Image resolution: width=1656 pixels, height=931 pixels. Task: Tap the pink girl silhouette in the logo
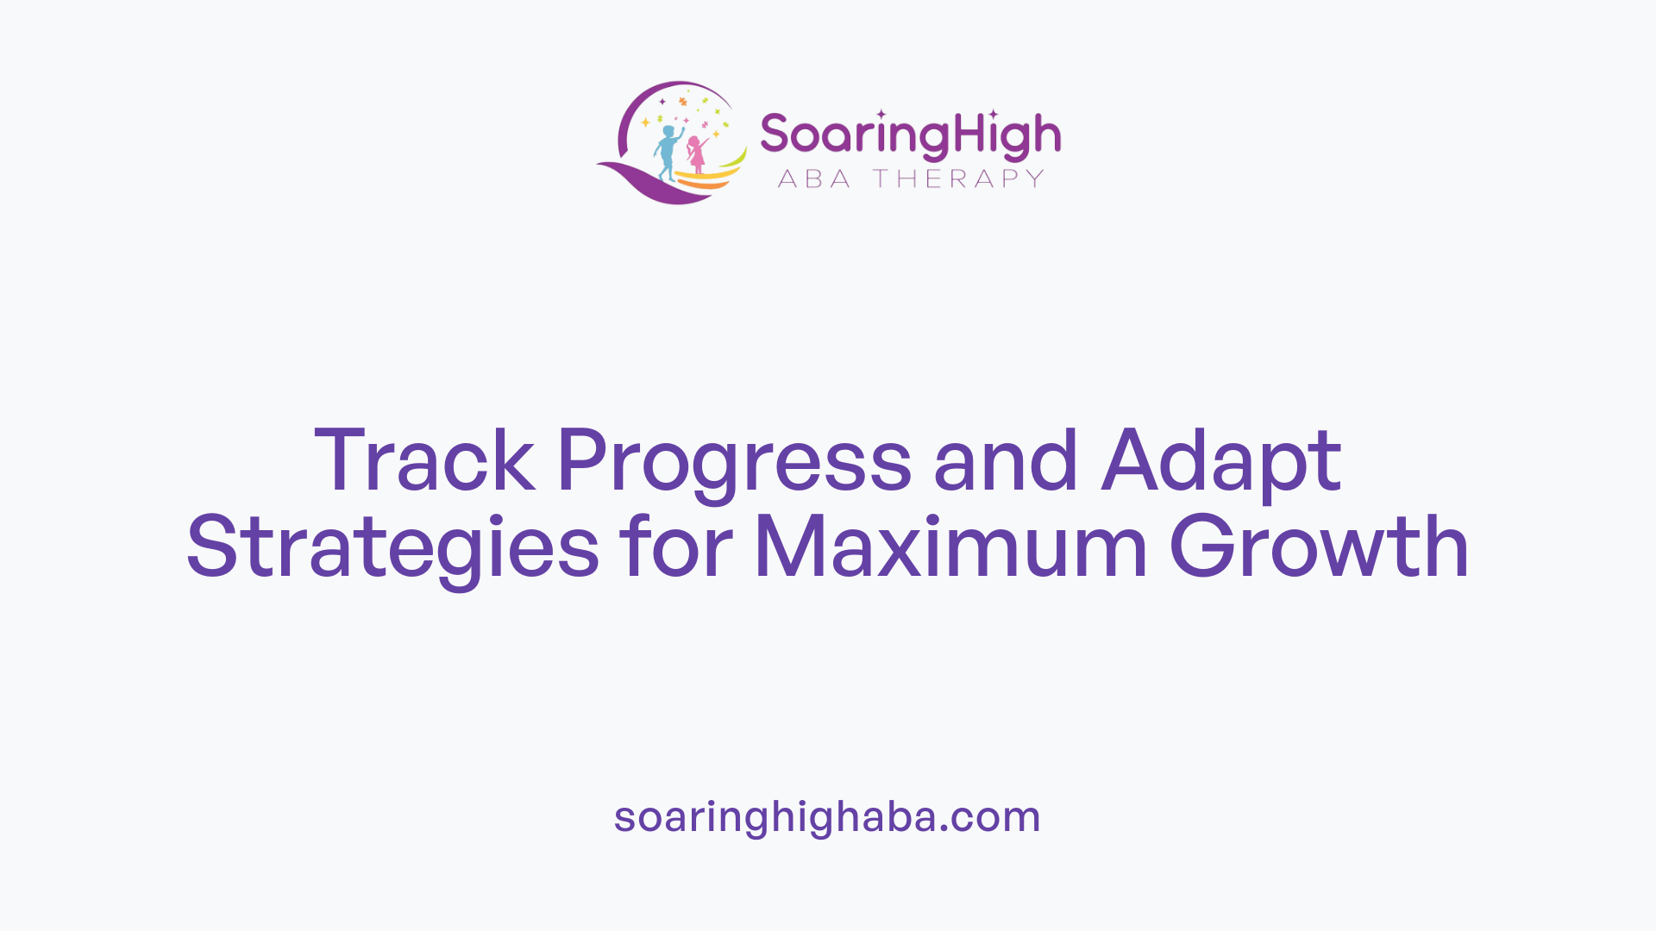[x=696, y=155]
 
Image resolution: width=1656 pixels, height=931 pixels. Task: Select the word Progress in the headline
[x=734, y=462]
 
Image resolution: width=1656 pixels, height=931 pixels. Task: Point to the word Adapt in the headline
[x=1221, y=462]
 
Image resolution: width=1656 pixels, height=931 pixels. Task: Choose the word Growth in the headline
[x=1319, y=547]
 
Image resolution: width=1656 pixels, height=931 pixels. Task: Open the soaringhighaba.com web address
[x=827, y=816]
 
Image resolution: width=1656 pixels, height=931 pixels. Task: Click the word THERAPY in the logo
[x=958, y=178]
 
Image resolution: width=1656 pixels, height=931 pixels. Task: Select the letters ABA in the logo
[x=814, y=178]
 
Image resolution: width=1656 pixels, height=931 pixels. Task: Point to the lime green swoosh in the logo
[x=734, y=161]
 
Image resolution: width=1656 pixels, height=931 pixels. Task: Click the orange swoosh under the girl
[x=707, y=183]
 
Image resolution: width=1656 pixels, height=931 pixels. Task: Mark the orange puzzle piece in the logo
[x=683, y=102]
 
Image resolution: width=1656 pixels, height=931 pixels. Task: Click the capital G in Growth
[x=1202, y=547]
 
